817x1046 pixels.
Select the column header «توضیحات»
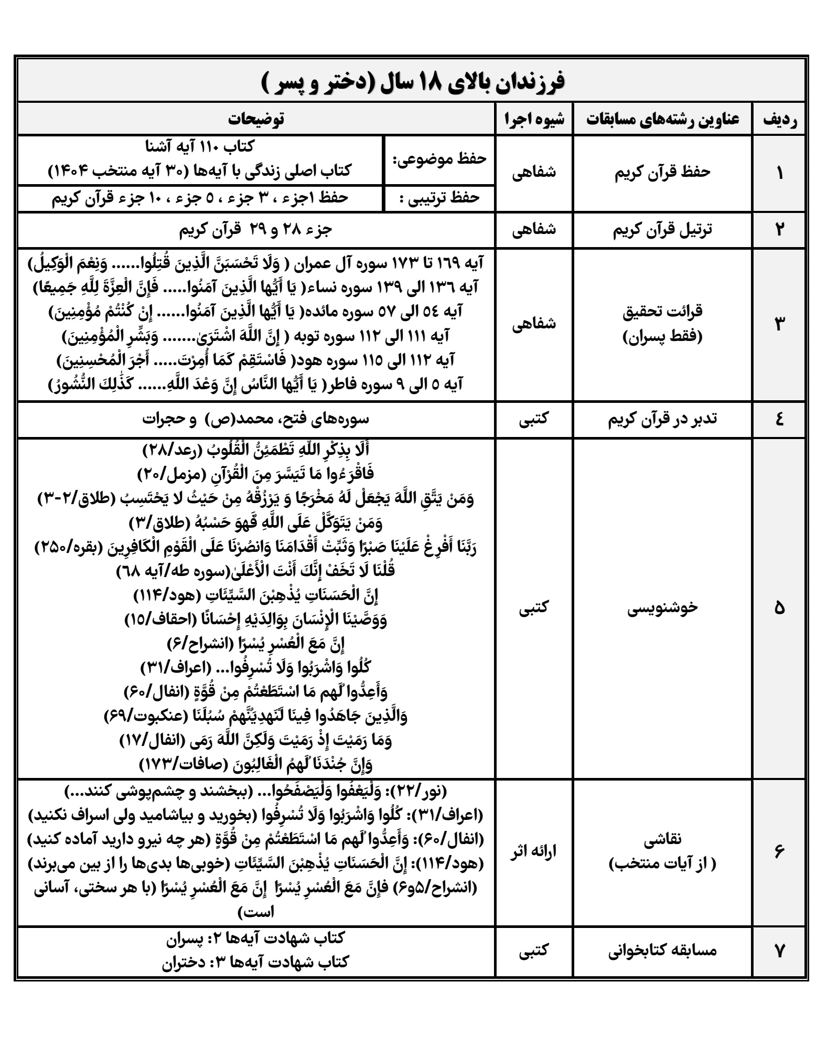coord(257,119)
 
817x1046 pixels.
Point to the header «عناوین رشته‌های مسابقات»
coord(662,119)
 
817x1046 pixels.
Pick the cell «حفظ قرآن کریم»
coord(662,173)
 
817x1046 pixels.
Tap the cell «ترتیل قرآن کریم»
coord(662,230)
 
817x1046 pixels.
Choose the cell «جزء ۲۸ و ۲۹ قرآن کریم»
coord(257,230)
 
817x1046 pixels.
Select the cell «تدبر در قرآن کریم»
coord(662,419)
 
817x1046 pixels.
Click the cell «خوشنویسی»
coord(662,607)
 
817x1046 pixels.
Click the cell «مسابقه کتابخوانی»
coord(662,950)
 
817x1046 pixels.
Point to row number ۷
coord(779,950)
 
